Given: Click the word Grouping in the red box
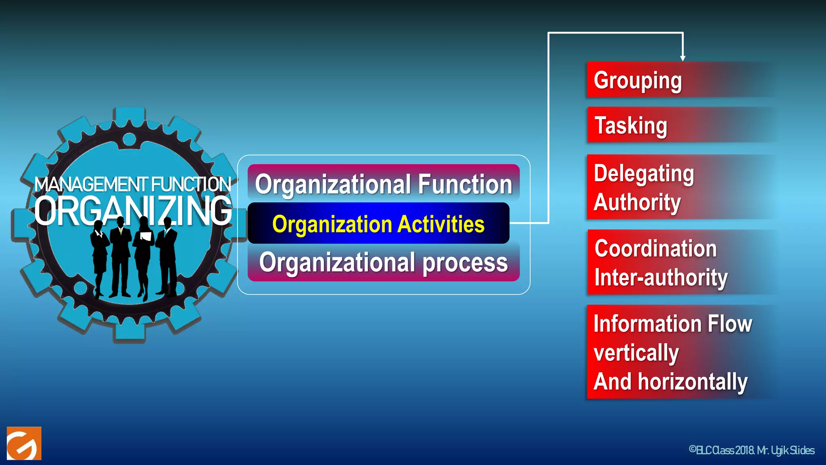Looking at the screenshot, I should click(x=638, y=80).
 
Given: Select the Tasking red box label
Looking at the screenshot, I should click(x=631, y=126).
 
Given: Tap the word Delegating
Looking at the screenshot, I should click(x=644, y=174).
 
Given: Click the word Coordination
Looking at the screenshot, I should click(x=655, y=248).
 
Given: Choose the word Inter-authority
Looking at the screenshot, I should click(x=661, y=278).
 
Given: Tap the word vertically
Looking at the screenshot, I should click(x=636, y=353).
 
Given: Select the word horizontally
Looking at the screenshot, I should click(x=693, y=382).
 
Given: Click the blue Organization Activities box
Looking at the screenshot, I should click(x=378, y=224).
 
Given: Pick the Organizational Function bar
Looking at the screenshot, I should click(x=383, y=184).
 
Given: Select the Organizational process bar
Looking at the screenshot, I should click(x=383, y=262).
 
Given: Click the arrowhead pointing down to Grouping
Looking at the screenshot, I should click(x=682, y=58).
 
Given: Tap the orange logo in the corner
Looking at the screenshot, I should click(x=24, y=443).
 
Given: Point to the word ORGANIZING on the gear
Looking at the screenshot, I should click(x=133, y=211).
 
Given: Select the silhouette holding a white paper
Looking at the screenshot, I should click(x=144, y=258).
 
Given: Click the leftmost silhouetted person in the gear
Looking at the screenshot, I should click(x=99, y=258).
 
